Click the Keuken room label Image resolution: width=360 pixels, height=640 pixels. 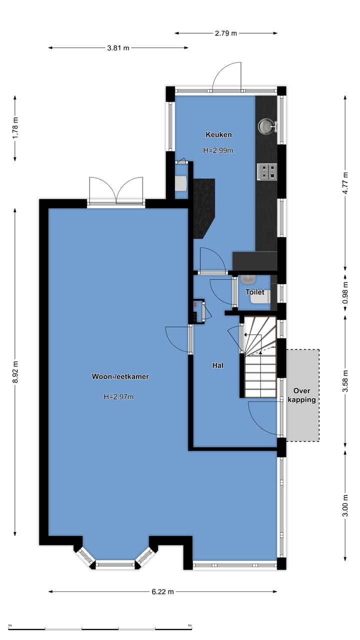(218, 134)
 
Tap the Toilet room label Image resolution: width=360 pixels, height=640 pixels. (254, 292)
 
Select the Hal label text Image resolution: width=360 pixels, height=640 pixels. (217, 365)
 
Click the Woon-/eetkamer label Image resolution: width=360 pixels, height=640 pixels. (120, 376)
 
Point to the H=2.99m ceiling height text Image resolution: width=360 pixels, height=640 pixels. (218, 150)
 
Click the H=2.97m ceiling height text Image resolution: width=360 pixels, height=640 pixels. (118, 397)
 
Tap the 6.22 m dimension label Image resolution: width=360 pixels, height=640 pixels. (162, 591)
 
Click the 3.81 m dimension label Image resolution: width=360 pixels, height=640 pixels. (118, 48)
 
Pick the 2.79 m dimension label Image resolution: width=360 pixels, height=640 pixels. (226, 33)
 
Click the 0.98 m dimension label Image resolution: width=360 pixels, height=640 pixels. (345, 292)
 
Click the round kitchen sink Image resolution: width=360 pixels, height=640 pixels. (265, 126)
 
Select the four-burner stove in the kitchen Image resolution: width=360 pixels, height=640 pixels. (267, 171)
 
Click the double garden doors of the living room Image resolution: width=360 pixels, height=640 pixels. (116, 192)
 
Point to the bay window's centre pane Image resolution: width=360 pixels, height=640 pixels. (115, 565)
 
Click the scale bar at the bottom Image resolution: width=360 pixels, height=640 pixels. (100, 628)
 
